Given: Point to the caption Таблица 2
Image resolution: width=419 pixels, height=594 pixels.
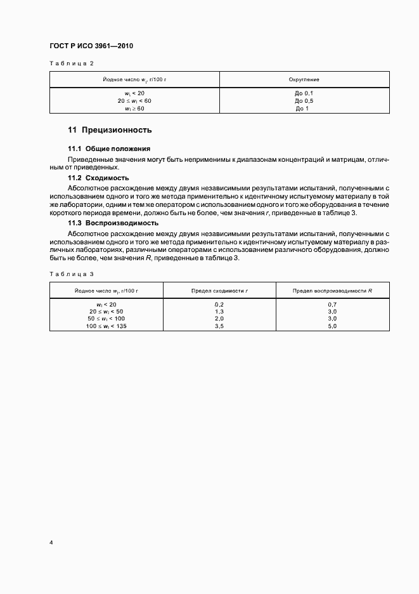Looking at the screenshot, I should [x=72, y=63].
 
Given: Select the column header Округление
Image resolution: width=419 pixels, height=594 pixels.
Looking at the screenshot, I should [x=304, y=80].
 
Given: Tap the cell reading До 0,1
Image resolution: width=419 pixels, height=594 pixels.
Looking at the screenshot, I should [x=305, y=93].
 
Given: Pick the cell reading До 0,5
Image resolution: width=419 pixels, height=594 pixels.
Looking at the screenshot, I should [x=305, y=101].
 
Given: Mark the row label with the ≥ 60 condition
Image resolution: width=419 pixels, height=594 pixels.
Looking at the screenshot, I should [x=135, y=109].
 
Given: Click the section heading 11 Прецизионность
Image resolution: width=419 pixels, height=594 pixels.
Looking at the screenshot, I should [x=110, y=131].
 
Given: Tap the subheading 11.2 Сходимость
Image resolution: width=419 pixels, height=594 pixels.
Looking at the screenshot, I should [x=98, y=178].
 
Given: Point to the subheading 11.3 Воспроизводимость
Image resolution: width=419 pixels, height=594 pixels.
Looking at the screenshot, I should [x=113, y=223].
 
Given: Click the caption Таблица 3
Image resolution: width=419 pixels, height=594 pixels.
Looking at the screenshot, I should [x=72, y=274].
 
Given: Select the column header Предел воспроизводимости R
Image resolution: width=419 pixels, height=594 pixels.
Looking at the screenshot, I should [x=332, y=290].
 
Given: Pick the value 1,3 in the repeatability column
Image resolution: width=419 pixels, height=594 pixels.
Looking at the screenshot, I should [x=219, y=312].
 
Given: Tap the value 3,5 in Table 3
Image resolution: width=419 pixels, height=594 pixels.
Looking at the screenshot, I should [x=219, y=326].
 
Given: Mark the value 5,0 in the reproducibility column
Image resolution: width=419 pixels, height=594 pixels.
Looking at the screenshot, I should [x=332, y=326].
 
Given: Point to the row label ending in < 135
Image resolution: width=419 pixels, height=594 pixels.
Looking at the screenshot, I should [x=106, y=326].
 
